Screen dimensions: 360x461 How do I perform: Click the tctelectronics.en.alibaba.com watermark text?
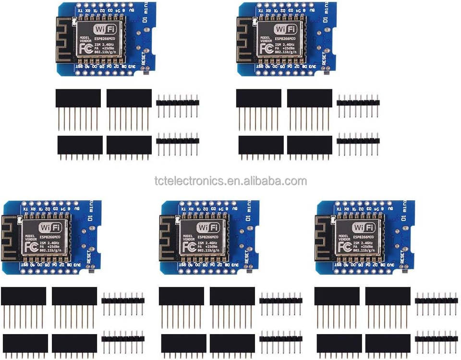[x=230, y=181]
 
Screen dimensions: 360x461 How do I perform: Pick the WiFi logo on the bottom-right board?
[x=364, y=228]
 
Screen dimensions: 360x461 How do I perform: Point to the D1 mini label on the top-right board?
[x=327, y=14]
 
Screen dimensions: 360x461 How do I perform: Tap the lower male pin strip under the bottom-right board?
[x=436, y=338]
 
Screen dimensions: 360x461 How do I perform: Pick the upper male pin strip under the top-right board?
[x=358, y=102]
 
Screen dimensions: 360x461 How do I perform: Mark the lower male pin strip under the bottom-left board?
[x=123, y=338]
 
